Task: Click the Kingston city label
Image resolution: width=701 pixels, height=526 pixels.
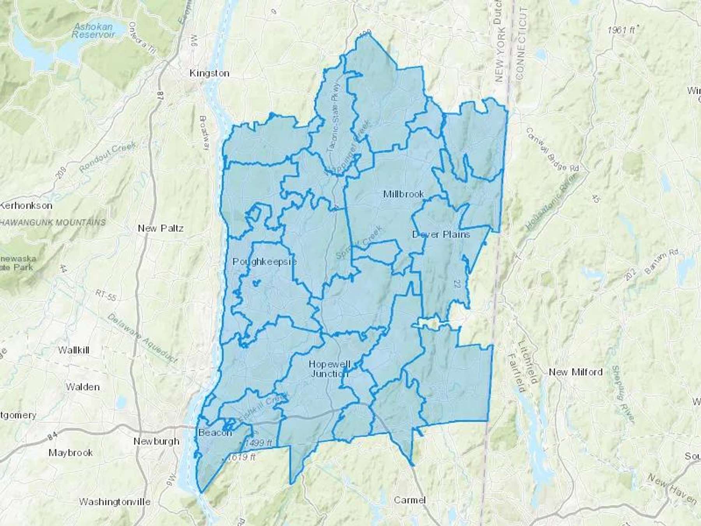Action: [x=209, y=73]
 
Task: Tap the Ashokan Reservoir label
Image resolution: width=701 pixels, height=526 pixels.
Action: [x=93, y=31]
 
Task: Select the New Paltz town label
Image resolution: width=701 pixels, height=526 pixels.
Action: [x=160, y=228]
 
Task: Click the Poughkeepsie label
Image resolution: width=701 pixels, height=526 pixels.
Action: [x=264, y=261]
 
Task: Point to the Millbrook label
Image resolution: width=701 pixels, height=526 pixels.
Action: [x=403, y=194]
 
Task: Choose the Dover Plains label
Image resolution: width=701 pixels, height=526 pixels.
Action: [x=441, y=235]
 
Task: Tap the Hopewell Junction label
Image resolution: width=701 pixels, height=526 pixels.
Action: [x=329, y=369]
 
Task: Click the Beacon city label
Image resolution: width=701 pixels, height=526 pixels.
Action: [x=215, y=433]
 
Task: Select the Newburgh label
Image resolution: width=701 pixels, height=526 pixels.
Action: [x=156, y=441]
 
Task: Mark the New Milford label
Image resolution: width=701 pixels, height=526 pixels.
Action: [x=575, y=372]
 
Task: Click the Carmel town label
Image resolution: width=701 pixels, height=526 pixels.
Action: [x=409, y=500]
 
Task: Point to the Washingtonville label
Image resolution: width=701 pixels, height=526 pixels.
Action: [x=114, y=502]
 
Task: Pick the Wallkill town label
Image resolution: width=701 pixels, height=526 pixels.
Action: [x=74, y=350]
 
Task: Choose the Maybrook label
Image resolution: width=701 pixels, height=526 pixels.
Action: [x=70, y=453]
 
